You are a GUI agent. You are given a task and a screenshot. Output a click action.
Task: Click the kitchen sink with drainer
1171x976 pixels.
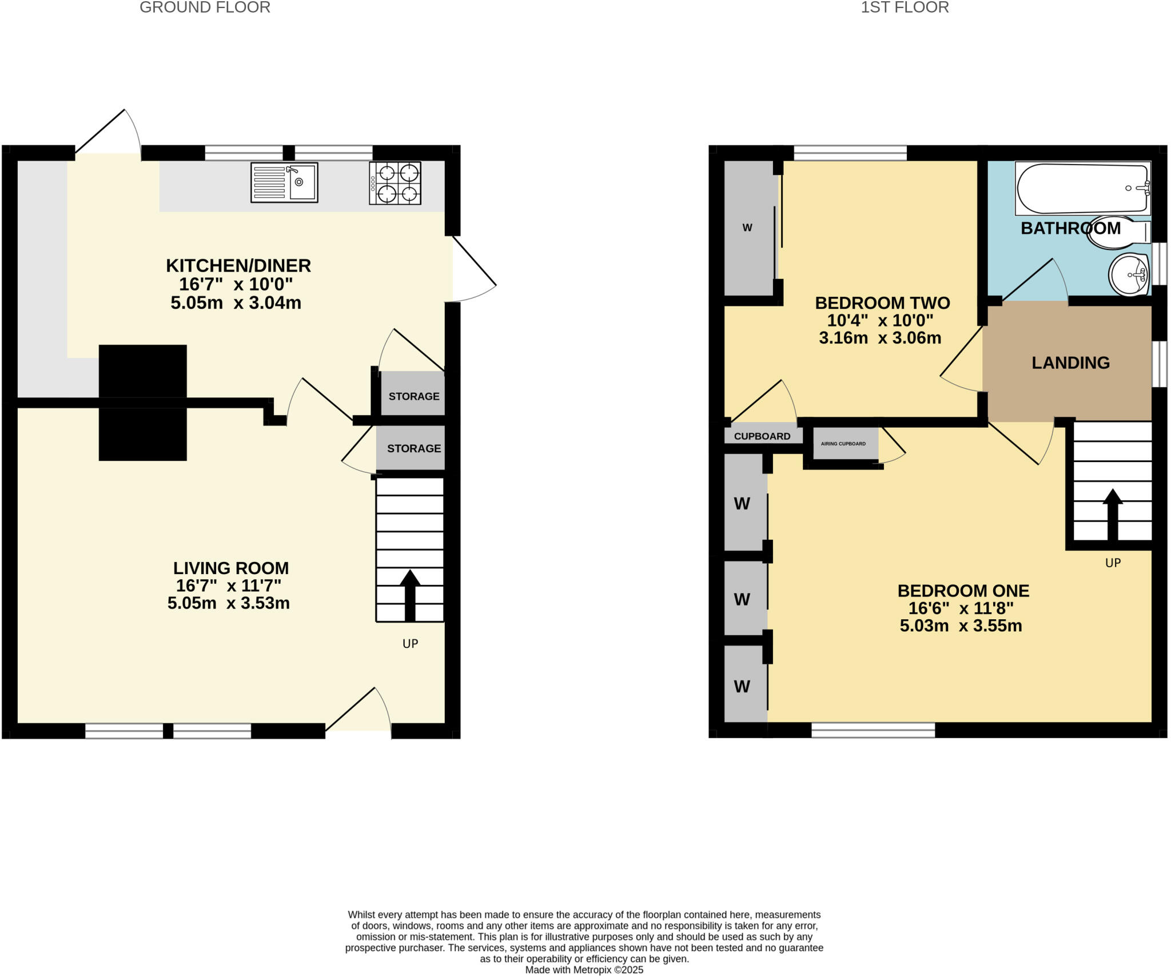tap(284, 182)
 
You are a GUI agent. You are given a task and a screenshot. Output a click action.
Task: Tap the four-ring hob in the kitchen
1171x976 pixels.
tap(395, 183)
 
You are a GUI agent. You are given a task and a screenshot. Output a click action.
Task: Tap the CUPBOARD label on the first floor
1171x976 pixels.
tap(762, 436)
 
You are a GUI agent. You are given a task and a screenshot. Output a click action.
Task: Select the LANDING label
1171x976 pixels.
tap(1070, 362)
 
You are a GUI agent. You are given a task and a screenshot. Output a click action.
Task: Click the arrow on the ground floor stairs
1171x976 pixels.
tap(410, 595)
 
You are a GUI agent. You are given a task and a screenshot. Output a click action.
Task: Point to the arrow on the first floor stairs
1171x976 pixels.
tap(1112, 514)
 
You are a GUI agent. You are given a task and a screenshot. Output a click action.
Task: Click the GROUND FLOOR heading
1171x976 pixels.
tap(205, 7)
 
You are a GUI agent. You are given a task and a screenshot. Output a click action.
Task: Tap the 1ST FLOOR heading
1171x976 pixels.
tap(905, 7)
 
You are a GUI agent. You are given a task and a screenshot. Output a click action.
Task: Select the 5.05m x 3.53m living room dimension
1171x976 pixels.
tap(229, 603)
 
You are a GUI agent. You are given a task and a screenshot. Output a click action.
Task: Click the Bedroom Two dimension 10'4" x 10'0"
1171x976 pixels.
tap(880, 320)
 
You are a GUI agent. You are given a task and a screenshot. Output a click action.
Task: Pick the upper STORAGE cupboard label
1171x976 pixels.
tap(414, 396)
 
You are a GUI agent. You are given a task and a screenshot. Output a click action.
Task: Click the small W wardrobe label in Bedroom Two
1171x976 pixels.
tap(747, 228)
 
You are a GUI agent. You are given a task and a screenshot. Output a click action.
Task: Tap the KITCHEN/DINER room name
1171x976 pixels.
tap(238, 266)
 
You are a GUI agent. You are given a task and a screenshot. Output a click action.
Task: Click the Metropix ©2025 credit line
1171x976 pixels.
tap(584, 970)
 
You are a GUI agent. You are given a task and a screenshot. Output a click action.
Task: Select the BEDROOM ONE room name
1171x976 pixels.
tap(963, 591)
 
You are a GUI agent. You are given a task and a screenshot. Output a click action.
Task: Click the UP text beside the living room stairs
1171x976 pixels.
tap(410, 644)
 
